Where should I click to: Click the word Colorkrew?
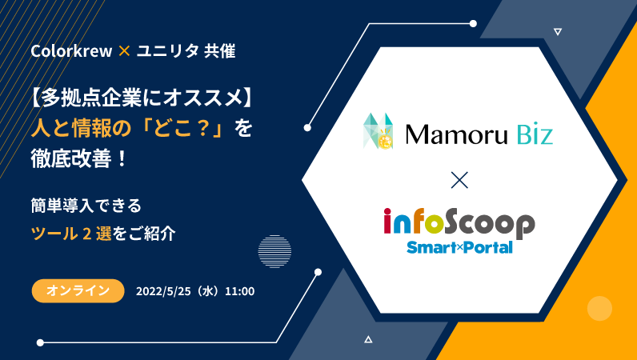[71, 51]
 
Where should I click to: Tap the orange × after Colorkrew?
[124, 50]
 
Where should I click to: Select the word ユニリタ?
[167, 51]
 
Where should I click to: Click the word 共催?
[220, 51]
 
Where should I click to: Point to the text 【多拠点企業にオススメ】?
[142, 98]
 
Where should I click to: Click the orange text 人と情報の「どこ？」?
[127, 128]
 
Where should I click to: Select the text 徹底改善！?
[80, 158]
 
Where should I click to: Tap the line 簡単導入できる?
[86, 206]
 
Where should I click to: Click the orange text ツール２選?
[71, 234]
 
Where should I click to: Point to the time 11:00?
[240, 291]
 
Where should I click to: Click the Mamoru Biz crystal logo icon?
[379, 131]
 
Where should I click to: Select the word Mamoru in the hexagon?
[457, 134]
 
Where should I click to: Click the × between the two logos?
[459, 180]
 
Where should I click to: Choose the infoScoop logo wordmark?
[459, 223]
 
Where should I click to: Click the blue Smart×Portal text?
[459, 247]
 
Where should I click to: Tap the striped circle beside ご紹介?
[274, 251]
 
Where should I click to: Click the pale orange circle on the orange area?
[599, 308]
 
